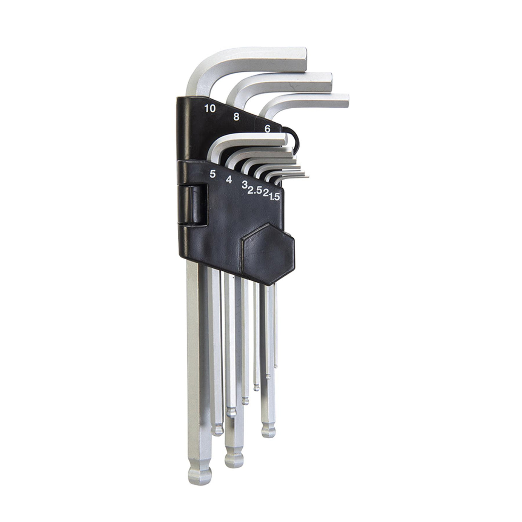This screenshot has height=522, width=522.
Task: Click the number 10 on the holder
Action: (x=210, y=109)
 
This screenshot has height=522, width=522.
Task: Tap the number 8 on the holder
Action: (x=236, y=117)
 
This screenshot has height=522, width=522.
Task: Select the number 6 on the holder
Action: (x=267, y=129)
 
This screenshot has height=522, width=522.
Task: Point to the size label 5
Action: (x=213, y=174)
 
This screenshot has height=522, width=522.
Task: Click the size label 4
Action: (x=228, y=179)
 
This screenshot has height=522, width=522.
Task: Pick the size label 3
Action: (x=244, y=185)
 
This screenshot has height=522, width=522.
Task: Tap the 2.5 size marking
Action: (x=254, y=191)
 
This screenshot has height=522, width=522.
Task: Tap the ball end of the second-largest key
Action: (x=232, y=458)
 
